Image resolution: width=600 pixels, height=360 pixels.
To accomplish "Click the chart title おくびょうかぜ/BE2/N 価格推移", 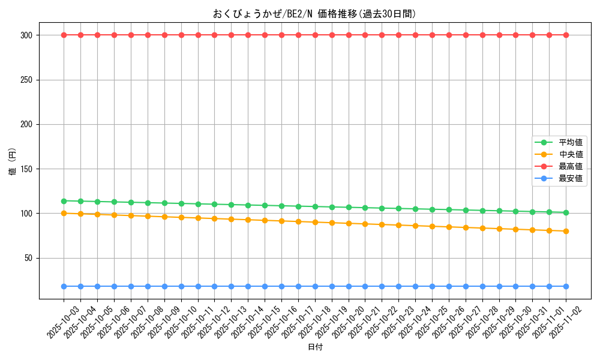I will click(x=314, y=14).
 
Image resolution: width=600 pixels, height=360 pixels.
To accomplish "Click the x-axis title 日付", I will click(x=315, y=347).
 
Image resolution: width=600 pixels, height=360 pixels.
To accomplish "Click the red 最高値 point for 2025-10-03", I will click(x=64, y=35).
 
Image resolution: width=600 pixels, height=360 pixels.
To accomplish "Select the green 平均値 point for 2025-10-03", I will click(x=64, y=201).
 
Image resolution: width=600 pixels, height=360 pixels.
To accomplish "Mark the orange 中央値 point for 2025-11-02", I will click(x=566, y=231).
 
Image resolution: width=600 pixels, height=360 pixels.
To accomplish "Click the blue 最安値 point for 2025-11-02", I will click(x=566, y=286).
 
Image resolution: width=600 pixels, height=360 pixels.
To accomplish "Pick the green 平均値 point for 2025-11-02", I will click(x=566, y=212).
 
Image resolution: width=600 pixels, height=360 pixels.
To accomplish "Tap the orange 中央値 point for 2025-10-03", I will click(x=64, y=213).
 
